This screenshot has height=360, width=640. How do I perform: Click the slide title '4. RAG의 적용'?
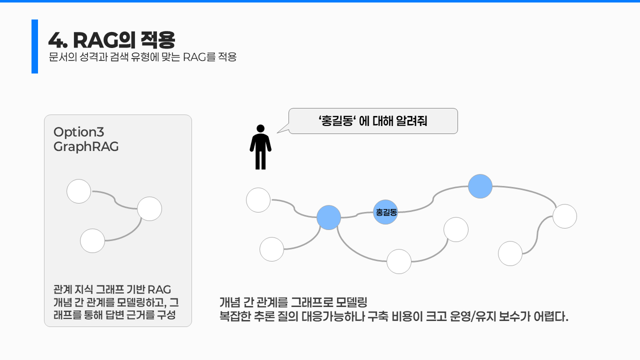click(111, 39)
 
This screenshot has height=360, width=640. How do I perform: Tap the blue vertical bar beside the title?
click(34, 46)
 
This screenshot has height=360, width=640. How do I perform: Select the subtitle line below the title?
click(142, 57)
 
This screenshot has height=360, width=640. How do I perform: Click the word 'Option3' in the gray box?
click(78, 132)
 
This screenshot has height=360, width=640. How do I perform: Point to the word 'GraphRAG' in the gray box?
click(86, 147)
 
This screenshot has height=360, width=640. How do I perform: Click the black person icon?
click(260, 147)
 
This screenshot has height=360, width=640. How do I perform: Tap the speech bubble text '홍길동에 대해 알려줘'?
click(373, 121)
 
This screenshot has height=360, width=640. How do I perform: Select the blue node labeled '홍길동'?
click(385, 212)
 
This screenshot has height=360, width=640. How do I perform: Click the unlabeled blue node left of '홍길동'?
click(328, 217)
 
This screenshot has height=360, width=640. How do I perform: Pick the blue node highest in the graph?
click(480, 186)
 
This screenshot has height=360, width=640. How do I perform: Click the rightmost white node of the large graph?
click(564, 216)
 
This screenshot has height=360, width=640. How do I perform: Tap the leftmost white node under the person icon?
click(258, 200)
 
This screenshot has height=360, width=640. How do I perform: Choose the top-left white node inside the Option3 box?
click(79, 191)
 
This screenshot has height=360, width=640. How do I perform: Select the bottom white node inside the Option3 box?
click(92, 240)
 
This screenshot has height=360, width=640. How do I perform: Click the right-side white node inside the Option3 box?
click(149, 208)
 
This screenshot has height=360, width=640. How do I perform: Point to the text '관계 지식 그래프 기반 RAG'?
click(112, 289)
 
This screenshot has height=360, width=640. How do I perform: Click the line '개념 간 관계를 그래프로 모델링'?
click(293, 302)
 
